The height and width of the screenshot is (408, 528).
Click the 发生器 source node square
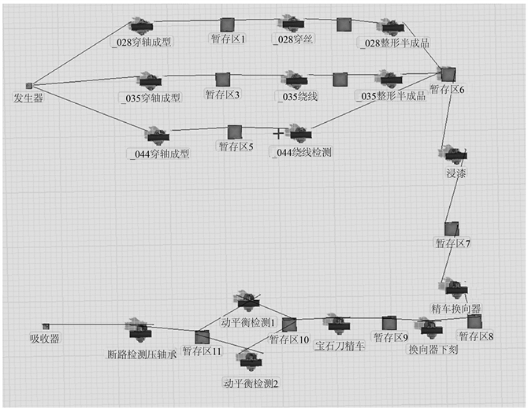pos(29,85)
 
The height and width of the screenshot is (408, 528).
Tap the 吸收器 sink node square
pos(46,325)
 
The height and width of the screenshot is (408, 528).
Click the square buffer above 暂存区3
pos(222,80)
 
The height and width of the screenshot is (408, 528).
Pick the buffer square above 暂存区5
pos(234,132)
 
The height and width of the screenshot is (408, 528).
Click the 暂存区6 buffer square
pos(448,74)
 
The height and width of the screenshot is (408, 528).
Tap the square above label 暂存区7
pos(451,228)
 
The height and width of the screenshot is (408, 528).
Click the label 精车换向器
pos(455,307)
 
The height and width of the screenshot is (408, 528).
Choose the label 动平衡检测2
pos(251,384)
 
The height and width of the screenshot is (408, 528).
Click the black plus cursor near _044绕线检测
pos(277,134)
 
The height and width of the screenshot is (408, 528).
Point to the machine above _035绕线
pos(296,80)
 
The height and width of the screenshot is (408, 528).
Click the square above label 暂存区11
pos(202,336)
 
